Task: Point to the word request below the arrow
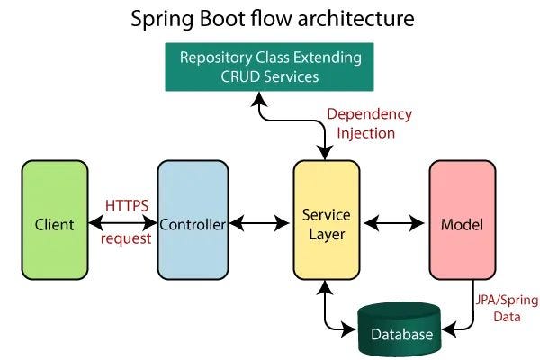coord(125,239)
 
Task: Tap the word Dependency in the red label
coord(369,114)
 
